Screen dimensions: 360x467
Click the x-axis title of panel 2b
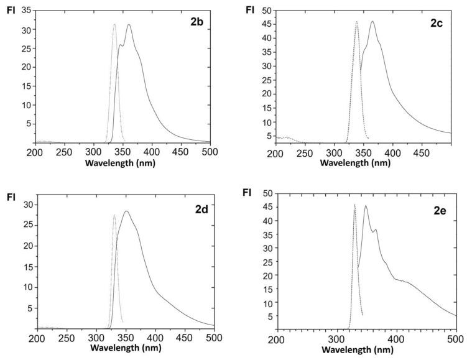(122, 163)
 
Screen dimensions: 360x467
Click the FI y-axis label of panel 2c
(250, 10)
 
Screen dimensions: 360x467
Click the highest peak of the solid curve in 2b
(129, 25)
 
